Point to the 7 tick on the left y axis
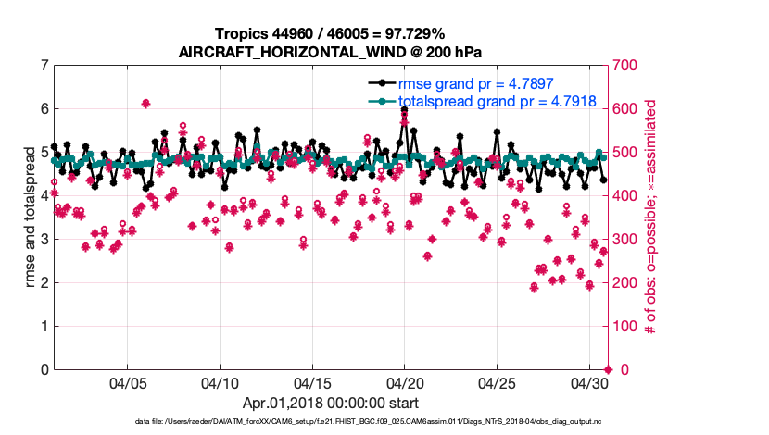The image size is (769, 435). tap(44, 66)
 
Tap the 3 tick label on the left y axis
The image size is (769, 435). tap(44, 239)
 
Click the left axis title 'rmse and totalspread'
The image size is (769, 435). tap(30, 217)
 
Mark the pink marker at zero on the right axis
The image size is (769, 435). tap(607, 369)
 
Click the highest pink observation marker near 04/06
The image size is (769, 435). tap(146, 104)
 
